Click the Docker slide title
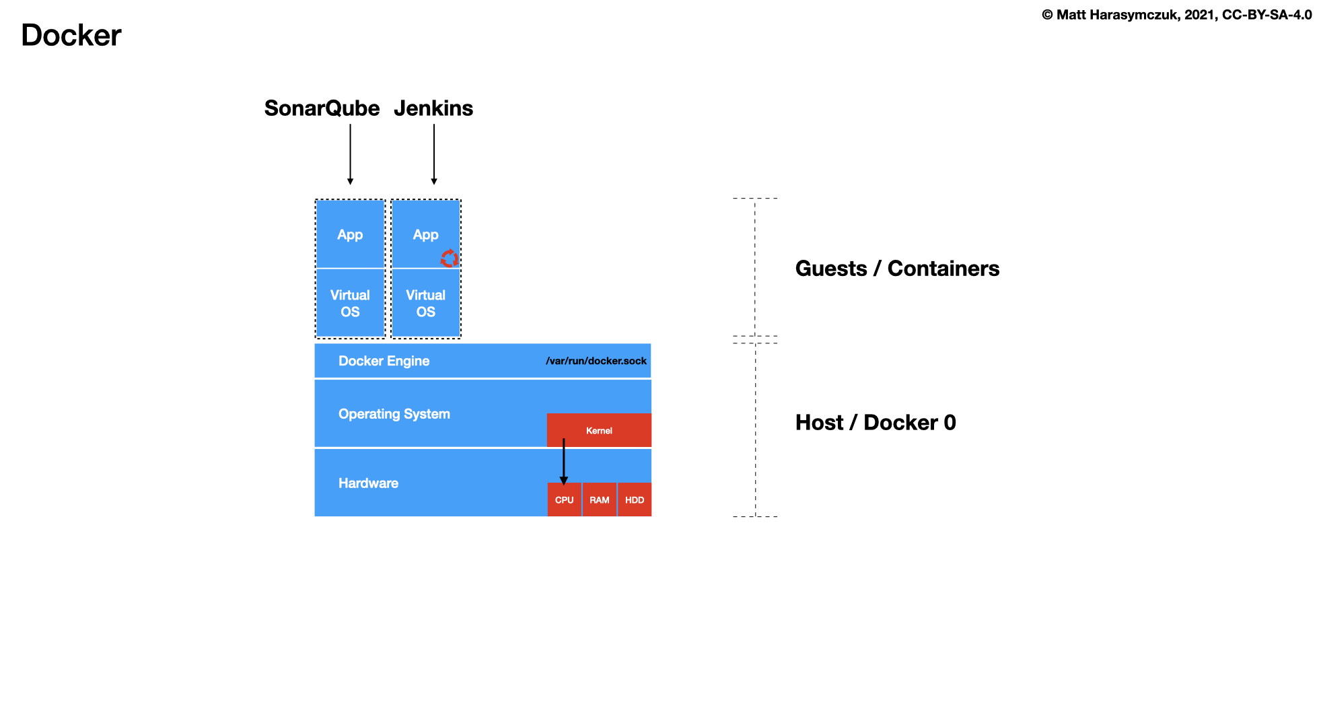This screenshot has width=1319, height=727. point(71,35)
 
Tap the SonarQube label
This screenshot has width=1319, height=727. point(322,108)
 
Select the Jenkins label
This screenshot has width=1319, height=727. point(433,108)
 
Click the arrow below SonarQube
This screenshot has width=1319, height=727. point(350,154)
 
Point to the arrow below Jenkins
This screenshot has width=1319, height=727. point(434,154)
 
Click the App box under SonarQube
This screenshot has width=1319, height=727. point(350,234)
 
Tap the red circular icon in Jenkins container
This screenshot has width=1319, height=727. point(450,258)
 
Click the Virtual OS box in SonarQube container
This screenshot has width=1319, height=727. point(350,303)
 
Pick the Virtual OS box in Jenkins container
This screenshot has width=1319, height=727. point(425,303)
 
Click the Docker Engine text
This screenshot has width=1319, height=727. point(384,361)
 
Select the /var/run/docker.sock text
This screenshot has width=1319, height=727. point(596,361)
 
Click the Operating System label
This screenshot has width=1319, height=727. point(394,414)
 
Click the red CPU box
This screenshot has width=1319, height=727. point(564,500)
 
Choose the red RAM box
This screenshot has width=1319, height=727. point(599,500)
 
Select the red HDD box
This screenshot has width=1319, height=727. point(635,500)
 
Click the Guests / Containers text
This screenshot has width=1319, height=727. point(897,269)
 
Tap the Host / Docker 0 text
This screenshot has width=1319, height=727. point(875,423)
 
